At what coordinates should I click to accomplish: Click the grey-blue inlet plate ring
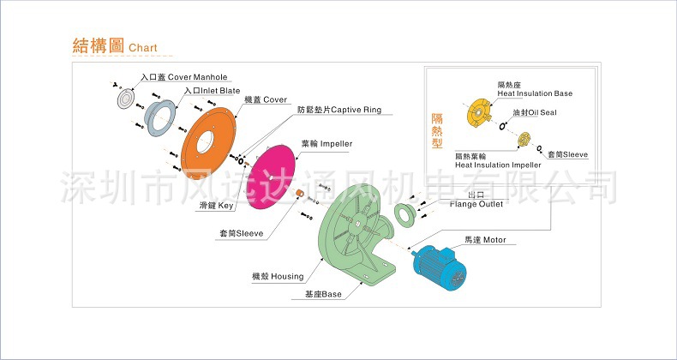(159, 117)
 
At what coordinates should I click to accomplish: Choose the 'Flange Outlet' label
(476, 204)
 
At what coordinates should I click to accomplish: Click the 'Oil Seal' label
(536, 112)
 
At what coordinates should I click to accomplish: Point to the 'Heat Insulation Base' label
(535, 93)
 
